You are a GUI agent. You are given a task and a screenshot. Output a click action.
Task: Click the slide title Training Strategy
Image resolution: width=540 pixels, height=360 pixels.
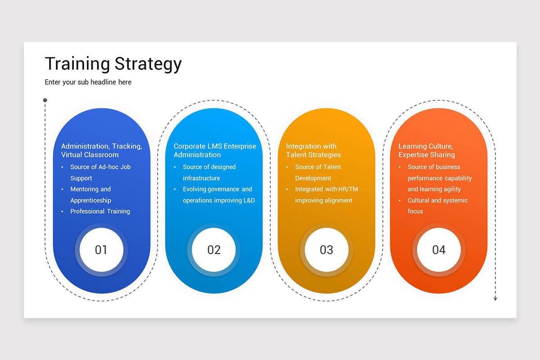pyautogui.click(x=113, y=64)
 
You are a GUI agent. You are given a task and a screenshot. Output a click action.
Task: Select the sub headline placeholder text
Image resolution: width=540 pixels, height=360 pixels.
pyautogui.click(x=88, y=82)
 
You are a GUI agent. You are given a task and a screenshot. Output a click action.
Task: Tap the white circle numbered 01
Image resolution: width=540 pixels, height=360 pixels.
pyautogui.click(x=101, y=250)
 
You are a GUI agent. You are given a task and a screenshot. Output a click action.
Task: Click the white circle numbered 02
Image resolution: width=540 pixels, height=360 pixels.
pyautogui.click(x=214, y=250)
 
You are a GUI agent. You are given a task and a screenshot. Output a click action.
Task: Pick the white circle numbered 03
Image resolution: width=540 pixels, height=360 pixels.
pyautogui.click(x=326, y=250)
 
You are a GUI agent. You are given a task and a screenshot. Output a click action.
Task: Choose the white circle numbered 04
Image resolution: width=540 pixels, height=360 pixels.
pyautogui.click(x=439, y=250)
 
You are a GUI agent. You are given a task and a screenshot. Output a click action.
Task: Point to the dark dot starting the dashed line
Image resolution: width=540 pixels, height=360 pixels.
pyautogui.click(x=45, y=100)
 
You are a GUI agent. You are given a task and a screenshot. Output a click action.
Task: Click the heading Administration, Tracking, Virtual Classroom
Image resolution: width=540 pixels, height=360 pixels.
pyautogui.click(x=101, y=150)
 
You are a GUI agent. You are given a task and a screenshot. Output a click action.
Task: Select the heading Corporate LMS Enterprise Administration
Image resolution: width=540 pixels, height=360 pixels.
pyautogui.click(x=215, y=150)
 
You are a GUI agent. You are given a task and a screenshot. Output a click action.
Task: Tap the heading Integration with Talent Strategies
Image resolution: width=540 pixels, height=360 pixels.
pyautogui.click(x=313, y=150)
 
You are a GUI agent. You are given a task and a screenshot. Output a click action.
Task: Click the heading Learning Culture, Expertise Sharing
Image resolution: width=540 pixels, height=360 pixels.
pyautogui.click(x=426, y=150)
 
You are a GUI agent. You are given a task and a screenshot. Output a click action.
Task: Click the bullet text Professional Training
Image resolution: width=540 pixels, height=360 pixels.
pyautogui.click(x=100, y=211)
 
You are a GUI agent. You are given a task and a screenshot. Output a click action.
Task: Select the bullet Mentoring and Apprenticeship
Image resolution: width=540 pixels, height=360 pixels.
pyautogui.click(x=90, y=195)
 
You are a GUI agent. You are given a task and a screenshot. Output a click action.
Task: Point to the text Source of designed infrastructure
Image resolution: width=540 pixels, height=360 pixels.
pyautogui.click(x=209, y=172)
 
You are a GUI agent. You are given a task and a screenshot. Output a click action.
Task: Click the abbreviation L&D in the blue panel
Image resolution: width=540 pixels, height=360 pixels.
pyautogui.click(x=248, y=200)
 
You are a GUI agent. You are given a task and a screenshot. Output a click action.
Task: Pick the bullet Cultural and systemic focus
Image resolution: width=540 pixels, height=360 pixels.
pyautogui.click(x=437, y=206)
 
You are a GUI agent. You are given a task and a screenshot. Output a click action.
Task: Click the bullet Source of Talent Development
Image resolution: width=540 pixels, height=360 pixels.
pyautogui.click(x=318, y=172)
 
